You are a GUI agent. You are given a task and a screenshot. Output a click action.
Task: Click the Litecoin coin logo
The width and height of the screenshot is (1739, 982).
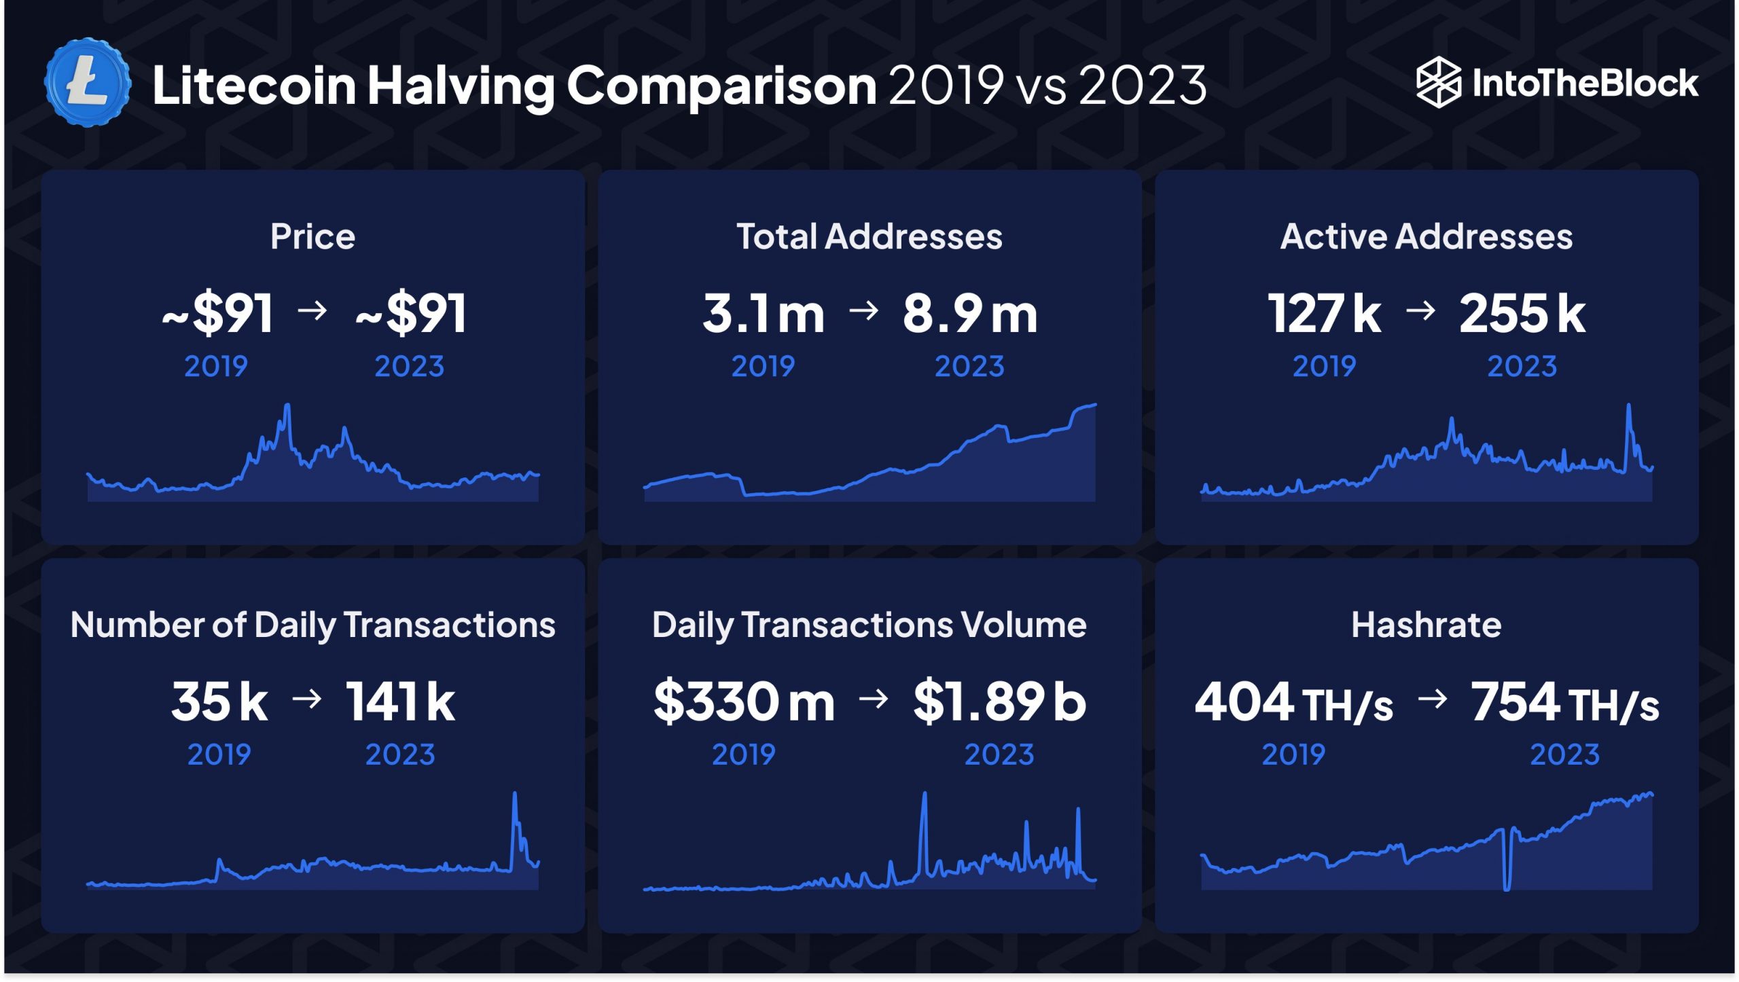tap(88, 83)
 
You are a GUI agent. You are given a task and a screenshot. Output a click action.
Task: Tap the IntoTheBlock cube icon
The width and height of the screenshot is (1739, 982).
tap(1437, 83)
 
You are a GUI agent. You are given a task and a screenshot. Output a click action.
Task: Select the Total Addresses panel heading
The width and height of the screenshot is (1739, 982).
tap(869, 236)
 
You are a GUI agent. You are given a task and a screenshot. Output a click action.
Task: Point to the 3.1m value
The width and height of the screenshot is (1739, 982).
tap(763, 314)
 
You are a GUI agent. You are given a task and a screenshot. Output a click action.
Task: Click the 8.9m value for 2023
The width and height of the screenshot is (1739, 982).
tap(969, 314)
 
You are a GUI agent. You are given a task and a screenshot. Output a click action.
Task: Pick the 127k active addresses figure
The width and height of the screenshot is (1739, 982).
tap(1324, 314)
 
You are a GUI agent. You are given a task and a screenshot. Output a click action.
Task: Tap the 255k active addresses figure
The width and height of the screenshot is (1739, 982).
tap(1522, 314)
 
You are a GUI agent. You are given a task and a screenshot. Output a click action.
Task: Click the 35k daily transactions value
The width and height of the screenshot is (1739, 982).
tap(219, 702)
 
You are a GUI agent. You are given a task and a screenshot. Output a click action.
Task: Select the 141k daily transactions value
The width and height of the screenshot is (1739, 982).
tap(400, 702)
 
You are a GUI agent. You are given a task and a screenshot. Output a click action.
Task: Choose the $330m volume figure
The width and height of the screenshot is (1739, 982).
tap(744, 702)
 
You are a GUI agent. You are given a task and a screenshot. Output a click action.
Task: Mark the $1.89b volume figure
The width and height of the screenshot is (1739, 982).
tap(999, 702)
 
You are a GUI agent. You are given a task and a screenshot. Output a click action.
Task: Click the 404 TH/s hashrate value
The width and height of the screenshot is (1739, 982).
tap(1293, 703)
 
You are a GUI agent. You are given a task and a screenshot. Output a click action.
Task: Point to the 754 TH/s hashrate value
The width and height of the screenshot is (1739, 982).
tap(1564, 703)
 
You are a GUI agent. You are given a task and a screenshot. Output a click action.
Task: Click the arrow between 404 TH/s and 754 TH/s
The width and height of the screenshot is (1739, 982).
tap(1433, 699)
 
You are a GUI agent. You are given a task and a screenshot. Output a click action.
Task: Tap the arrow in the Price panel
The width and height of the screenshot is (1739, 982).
tap(312, 311)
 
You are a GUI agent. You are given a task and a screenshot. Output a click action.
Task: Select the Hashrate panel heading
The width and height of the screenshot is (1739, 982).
tap(1426, 625)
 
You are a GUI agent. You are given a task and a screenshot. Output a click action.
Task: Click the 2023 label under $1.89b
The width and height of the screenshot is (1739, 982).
tap(999, 754)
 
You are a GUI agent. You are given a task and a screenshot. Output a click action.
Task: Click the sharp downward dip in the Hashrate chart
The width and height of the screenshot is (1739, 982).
tap(1507, 883)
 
